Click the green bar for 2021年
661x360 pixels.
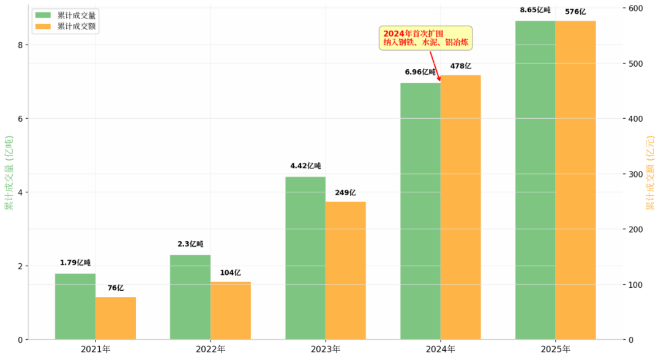75,306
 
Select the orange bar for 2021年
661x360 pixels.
116,318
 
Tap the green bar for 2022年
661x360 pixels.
190,297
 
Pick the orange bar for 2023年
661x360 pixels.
345,270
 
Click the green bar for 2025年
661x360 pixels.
535,180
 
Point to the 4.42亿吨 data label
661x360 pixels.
305,166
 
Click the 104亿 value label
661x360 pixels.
231,273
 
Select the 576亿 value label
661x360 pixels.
575,11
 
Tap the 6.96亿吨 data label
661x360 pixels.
420,72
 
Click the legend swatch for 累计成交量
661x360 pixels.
43,15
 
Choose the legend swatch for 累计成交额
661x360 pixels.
43,26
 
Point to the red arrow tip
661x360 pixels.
439,80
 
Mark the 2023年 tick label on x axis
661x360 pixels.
326,349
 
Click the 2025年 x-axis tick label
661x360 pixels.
556,349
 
